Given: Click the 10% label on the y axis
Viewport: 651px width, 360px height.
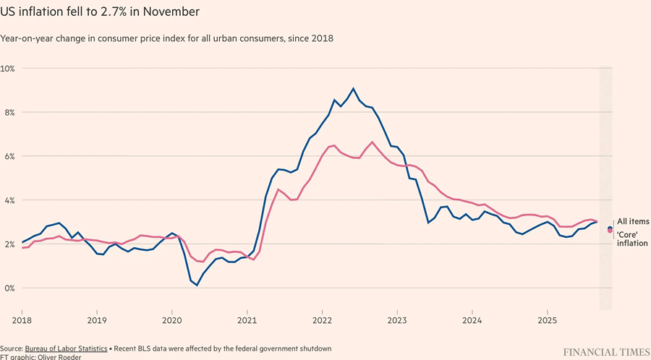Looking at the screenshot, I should click(x=9, y=68).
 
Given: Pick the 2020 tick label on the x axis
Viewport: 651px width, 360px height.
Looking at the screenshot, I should click(x=171, y=319).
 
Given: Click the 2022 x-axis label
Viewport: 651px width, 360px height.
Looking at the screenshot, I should click(x=322, y=319).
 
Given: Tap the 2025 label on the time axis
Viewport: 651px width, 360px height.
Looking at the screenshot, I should click(x=548, y=319).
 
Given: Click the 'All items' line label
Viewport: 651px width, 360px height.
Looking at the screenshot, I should click(x=632, y=221).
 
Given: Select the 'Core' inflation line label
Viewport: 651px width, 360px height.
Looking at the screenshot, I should click(x=632, y=238).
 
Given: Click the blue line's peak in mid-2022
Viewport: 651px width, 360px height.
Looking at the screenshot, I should click(x=353, y=88).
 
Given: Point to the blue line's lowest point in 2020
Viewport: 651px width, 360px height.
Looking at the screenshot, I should click(x=197, y=286).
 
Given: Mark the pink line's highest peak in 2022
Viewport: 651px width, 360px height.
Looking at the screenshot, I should click(x=372, y=142).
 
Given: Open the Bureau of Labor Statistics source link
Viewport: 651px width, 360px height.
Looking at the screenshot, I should click(x=66, y=348).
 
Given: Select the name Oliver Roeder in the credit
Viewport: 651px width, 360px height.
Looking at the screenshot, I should click(x=64, y=356).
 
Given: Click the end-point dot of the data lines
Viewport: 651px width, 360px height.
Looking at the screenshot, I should click(x=610, y=229).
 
